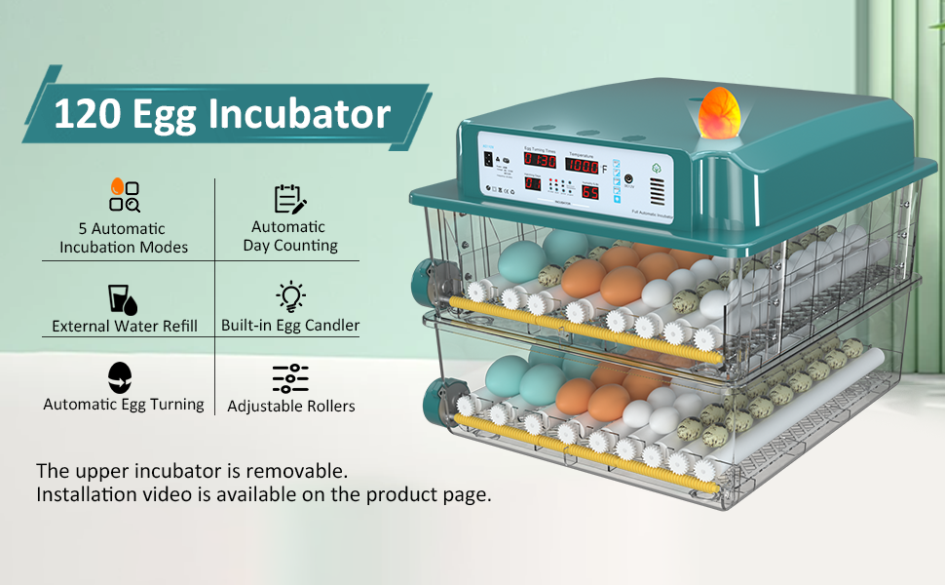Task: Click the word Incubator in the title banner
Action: click(x=301, y=114)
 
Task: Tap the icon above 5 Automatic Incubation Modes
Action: click(x=124, y=195)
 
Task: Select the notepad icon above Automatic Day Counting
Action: click(x=289, y=198)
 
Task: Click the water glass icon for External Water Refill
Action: click(x=122, y=297)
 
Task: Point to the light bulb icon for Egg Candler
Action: click(x=290, y=296)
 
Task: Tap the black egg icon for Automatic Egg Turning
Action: click(x=121, y=376)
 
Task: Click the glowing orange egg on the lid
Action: click(x=719, y=111)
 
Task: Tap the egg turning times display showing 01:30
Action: click(x=540, y=160)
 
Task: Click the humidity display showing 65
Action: click(x=590, y=191)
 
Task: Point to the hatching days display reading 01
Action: click(x=533, y=183)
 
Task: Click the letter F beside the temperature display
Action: click(x=604, y=169)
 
